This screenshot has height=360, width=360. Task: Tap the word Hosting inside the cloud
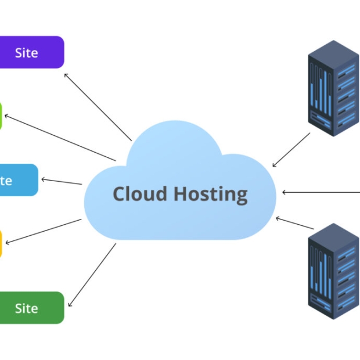point(211,195)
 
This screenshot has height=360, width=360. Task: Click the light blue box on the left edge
point(17,180)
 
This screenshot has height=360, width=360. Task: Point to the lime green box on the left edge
point(1,116)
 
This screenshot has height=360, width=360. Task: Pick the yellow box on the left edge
point(1,243)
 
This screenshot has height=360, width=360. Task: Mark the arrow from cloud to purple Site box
point(98,107)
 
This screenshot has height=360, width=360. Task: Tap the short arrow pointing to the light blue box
point(62,182)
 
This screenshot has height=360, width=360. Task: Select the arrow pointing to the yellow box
point(44,231)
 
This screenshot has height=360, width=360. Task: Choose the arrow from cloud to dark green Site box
point(92,275)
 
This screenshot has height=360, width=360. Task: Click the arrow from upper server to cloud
point(291,150)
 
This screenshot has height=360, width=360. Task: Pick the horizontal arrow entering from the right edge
point(321,192)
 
